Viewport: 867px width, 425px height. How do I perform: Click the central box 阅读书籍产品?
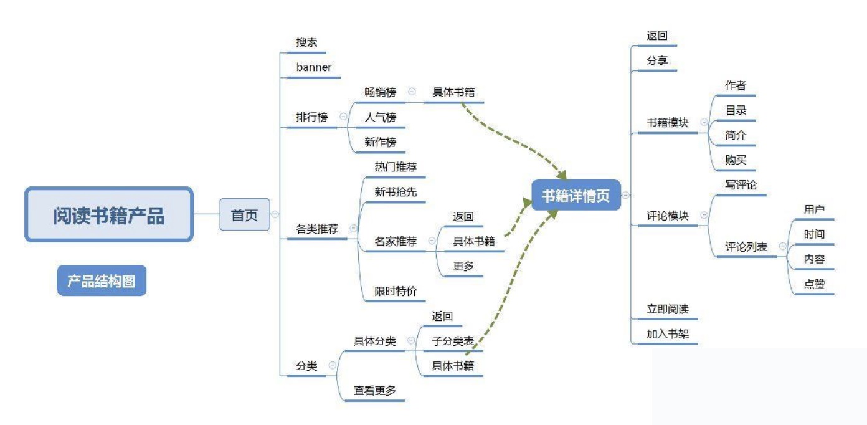[109, 215]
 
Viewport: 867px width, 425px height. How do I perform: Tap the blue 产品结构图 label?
[102, 282]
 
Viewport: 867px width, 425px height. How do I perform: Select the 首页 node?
[244, 215]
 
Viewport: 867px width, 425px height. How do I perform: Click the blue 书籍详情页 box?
[576, 196]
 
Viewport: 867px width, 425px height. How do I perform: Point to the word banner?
[314, 67]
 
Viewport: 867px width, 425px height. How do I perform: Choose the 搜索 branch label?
[306, 42]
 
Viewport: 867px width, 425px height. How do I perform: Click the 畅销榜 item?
[381, 92]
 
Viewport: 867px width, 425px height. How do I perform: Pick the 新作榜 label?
[381, 142]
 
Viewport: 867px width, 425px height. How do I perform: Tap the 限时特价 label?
[396, 291]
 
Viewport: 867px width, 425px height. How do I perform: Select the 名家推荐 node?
[396, 241]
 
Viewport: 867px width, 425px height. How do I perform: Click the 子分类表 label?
[453, 341]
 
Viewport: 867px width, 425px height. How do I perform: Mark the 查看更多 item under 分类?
[375, 391]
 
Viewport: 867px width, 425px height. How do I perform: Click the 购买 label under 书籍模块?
[736, 160]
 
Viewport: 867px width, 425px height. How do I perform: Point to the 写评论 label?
[741, 185]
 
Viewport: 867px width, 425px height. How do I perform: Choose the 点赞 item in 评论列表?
[815, 284]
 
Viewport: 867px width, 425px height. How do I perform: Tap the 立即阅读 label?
[668, 309]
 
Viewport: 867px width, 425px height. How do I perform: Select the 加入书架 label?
[668, 334]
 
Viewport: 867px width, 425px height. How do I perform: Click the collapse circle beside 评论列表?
[783, 247]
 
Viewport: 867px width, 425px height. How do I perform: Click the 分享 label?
[657, 61]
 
